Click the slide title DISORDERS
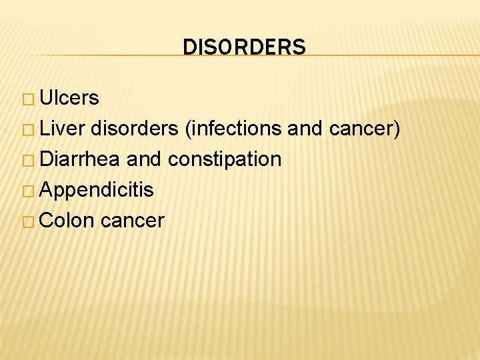coord(244,47)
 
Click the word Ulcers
coord(69,98)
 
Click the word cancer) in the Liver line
coord(365,129)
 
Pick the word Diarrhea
coord(80,159)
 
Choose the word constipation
coord(225,160)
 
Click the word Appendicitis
coord(97,190)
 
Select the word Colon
coord(67,221)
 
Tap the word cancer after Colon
coord(132,221)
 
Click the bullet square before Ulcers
coord(31,99)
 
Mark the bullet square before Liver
coord(31,130)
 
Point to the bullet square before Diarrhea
coord(31,161)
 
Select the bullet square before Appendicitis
coord(31,191)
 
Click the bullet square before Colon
coord(31,222)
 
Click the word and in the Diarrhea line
coord(144,159)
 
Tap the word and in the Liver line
coord(305,129)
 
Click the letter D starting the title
coord(189,47)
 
